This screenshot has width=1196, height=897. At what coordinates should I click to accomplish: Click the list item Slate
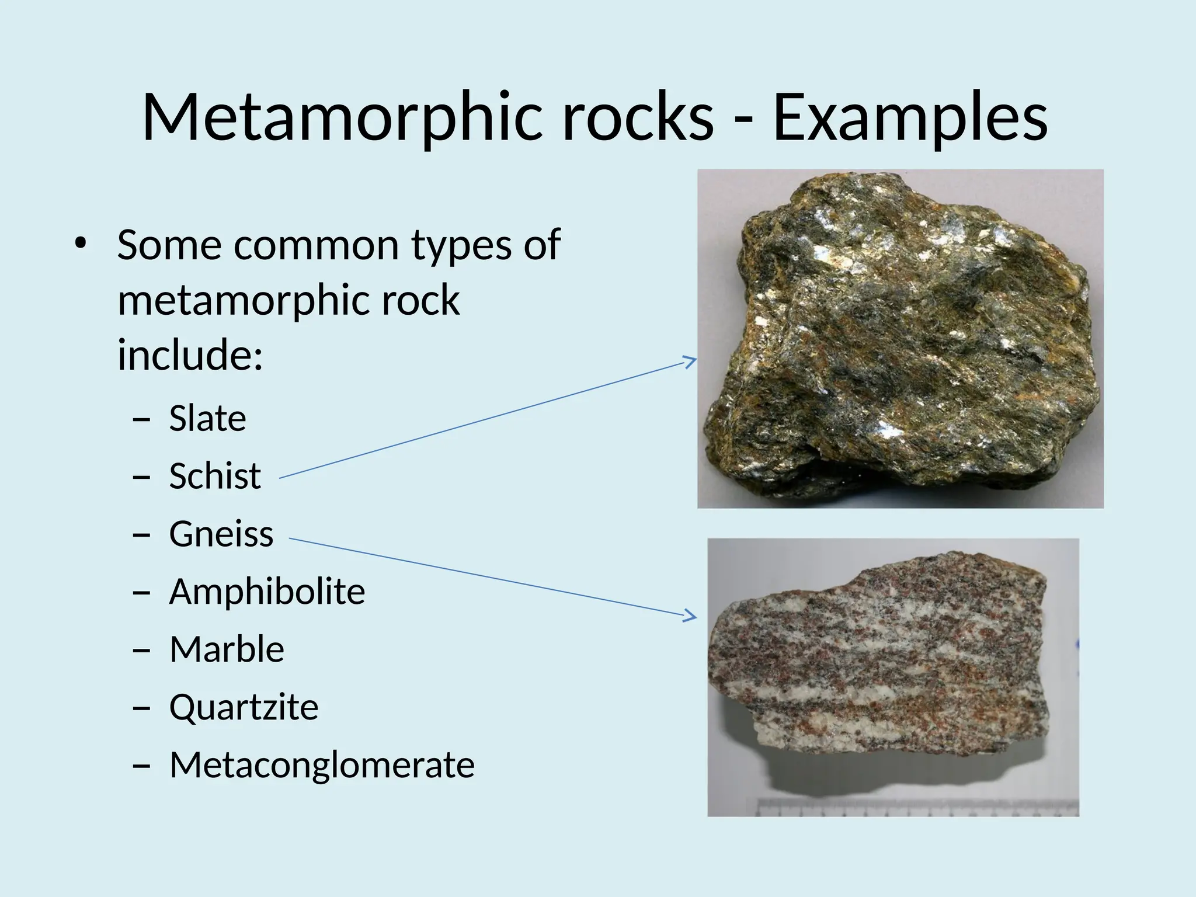coord(207,418)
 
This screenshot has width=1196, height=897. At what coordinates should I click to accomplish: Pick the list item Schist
coord(215,475)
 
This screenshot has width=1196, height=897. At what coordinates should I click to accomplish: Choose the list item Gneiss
coord(221,533)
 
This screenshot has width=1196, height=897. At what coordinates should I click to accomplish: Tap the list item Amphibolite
coord(267,591)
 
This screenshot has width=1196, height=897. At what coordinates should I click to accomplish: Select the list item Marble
coord(227,649)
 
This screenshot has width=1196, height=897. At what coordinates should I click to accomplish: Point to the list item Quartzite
coord(244,707)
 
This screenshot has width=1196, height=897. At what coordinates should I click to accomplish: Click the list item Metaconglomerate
coord(322,764)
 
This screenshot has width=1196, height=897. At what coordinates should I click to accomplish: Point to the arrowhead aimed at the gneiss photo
coord(691,616)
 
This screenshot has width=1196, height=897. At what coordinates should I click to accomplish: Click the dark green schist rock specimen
coord(899,339)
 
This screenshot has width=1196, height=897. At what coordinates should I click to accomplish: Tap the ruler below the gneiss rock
coord(917,808)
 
